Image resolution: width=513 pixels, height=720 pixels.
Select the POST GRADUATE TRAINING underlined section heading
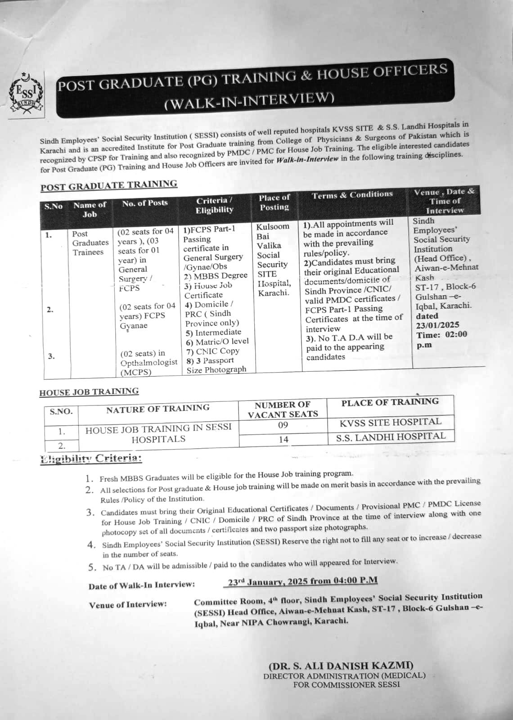109,185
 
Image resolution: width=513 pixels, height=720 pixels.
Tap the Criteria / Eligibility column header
214,205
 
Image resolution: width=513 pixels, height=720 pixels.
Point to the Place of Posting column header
274,202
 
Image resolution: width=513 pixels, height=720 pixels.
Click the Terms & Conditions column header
352,195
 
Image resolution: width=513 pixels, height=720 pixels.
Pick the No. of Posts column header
145,203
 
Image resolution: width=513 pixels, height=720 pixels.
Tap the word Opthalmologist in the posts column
148,363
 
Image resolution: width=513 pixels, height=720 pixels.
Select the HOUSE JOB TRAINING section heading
89,392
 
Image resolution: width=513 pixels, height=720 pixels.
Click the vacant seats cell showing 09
283,425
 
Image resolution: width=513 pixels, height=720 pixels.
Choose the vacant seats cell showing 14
283,439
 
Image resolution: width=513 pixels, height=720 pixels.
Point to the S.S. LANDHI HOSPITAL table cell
391,436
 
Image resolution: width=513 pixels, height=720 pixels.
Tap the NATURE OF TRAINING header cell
158,409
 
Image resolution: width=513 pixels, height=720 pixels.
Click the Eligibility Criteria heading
91,459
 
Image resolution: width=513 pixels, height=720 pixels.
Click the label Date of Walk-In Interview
142,585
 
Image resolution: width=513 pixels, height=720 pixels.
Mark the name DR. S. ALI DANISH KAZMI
341,666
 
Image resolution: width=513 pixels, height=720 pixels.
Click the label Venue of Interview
128,604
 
